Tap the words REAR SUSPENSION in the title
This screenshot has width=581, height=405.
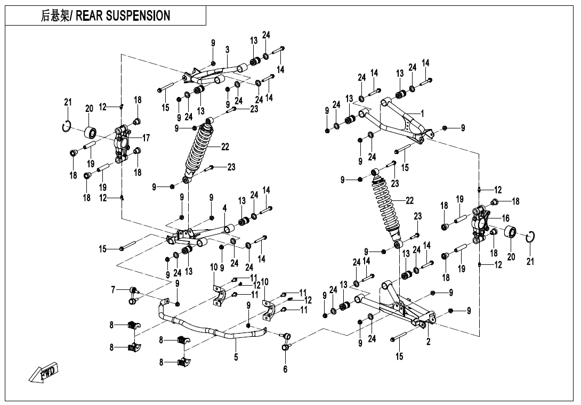pos(123,15)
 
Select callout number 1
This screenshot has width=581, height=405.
pos(423,114)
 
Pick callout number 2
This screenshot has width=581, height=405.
pos(429,342)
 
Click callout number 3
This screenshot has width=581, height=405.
pos(227,50)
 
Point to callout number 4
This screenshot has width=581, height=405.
pos(225,208)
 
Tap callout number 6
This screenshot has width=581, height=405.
pos(285,369)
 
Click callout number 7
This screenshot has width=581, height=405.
pos(113,290)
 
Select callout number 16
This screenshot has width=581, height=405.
pos(506,218)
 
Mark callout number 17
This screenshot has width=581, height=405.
pos(146,138)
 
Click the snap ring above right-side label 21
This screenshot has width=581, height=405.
pos(531,237)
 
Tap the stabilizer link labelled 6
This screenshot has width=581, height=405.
pos(286,341)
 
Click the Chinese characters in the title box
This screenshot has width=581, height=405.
pos(55,15)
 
